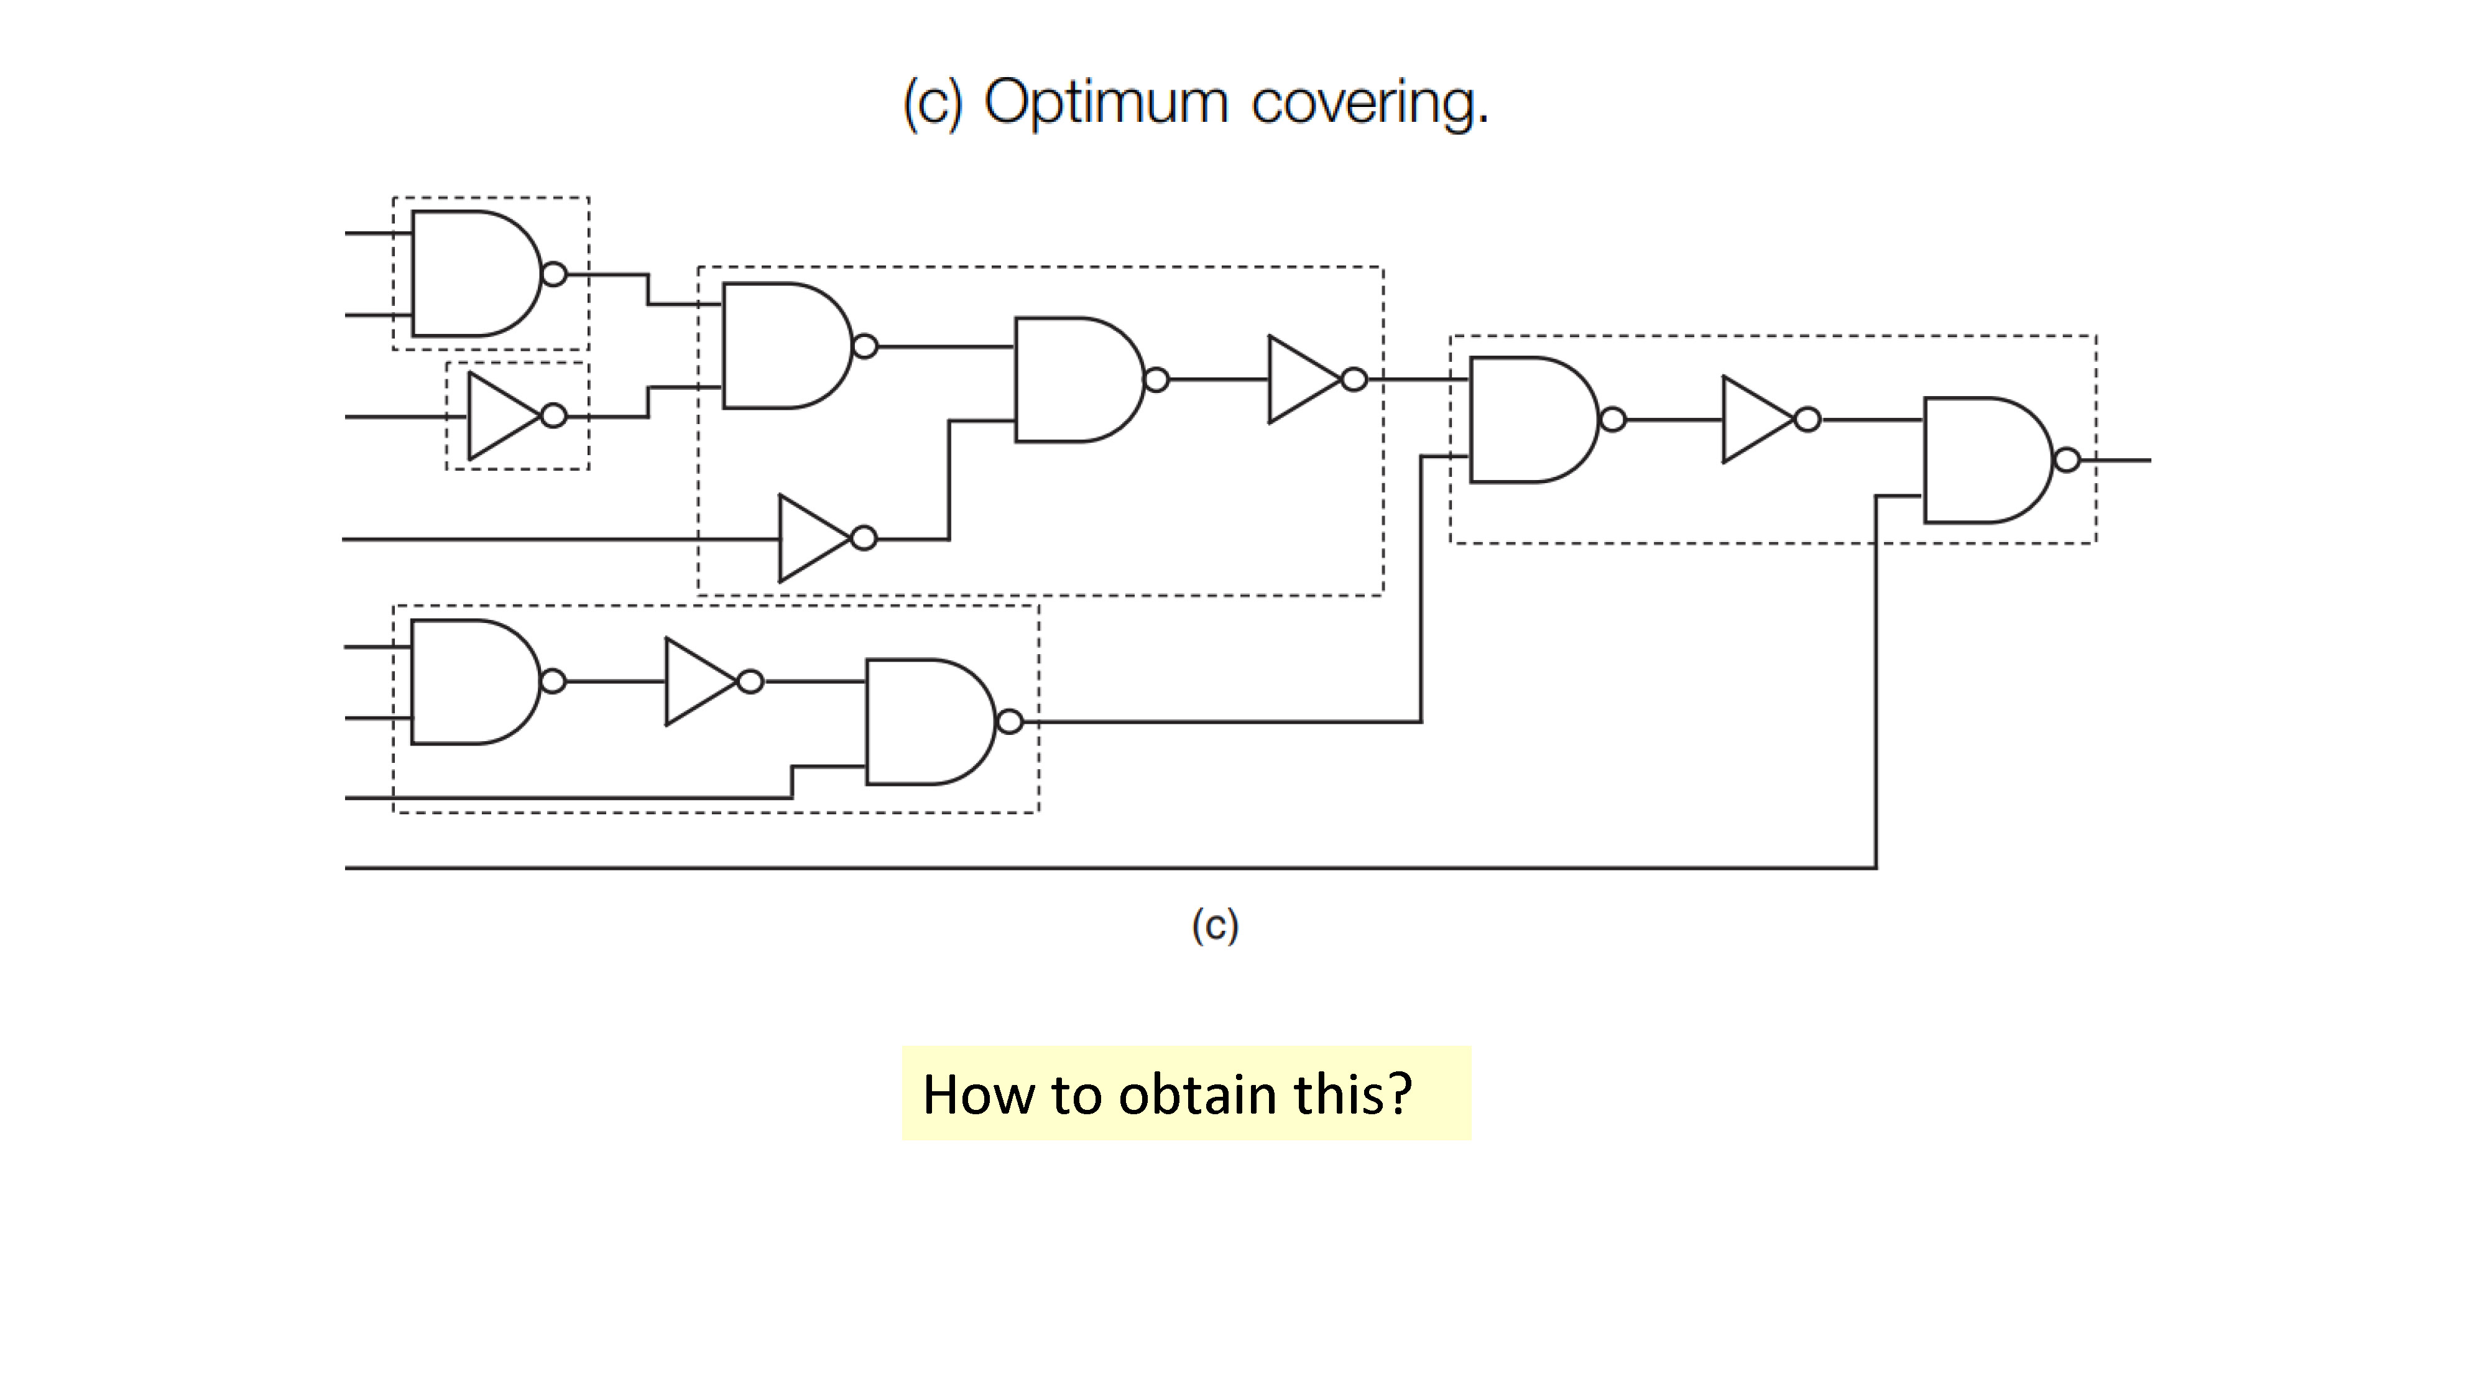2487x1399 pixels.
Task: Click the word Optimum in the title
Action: (x=1105, y=103)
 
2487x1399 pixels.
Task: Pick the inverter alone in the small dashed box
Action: (x=517, y=416)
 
